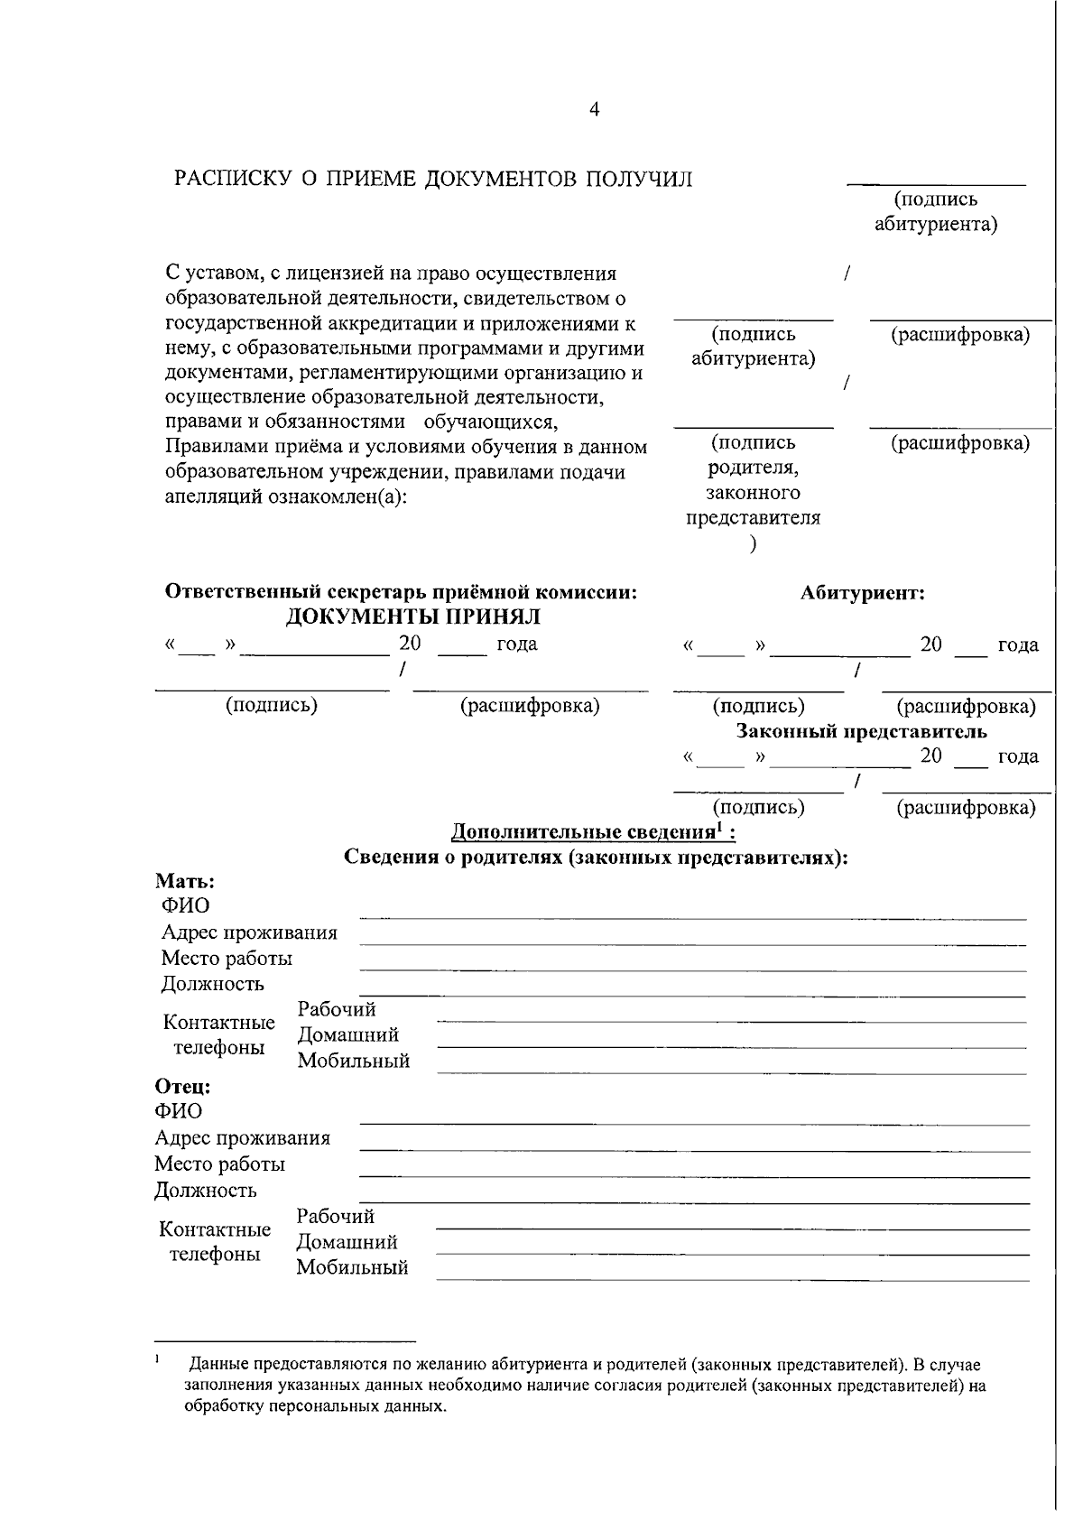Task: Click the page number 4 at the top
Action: click(x=594, y=110)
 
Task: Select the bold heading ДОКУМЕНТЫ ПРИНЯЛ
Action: click(x=413, y=617)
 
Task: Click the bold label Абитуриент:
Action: click(x=862, y=593)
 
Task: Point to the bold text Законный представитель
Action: click(x=862, y=730)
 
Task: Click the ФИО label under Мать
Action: click(x=185, y=906)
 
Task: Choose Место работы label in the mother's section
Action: click(x=227, y=958)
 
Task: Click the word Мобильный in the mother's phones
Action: click(x=354, y=1061)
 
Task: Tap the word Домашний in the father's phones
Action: click(x=347, y=1242)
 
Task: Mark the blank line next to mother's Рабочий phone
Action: click(x=731, y=1021)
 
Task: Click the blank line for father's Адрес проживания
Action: click(x=695, y=1150)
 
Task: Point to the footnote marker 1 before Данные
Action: click(x=157, y=1358)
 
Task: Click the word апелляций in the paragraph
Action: click(x=212, y=498)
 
